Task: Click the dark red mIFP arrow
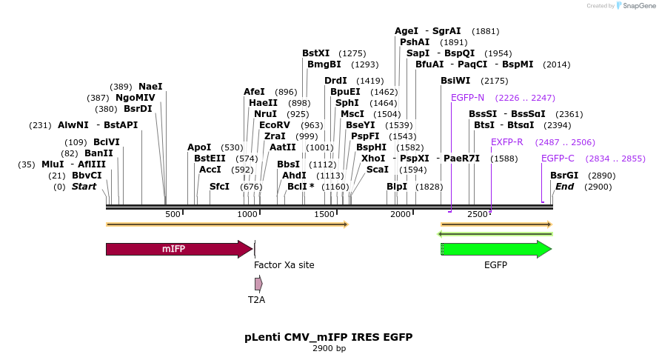(178, 249)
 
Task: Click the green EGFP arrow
(496, 250)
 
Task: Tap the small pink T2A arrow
(258, 284)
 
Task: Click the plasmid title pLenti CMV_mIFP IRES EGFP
(329, 337)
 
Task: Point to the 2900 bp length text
(329, 348)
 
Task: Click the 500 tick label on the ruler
(173, 214)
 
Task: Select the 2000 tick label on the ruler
(401, 214)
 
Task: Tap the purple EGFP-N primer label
(467, 98)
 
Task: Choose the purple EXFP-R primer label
(507, 142)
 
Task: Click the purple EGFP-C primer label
(558, 159)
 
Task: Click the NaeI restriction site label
(150, 87)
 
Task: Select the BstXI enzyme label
(316, 53)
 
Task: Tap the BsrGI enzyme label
(564, 176)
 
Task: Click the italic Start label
(84, 187)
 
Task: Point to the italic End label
(565, 187)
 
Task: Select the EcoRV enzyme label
(275, 125)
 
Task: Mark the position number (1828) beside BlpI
(429, 187)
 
